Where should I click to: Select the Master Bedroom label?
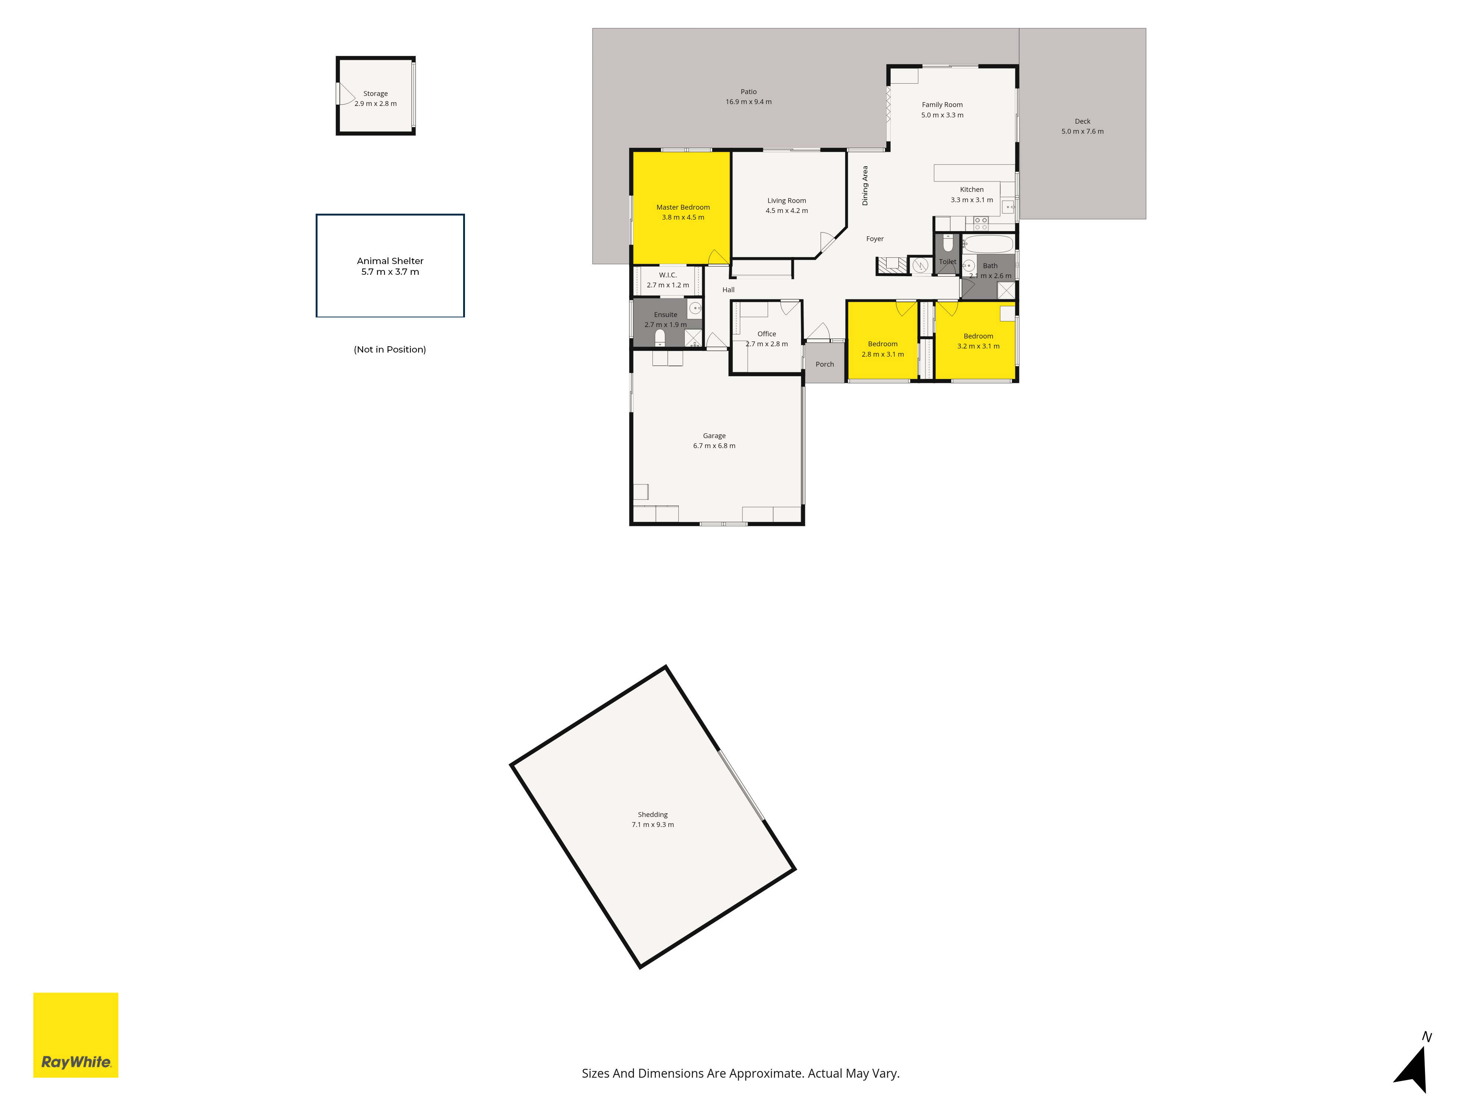coord(683,208)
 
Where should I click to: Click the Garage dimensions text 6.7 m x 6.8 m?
coord(714,446)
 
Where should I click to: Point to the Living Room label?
coord(787,201)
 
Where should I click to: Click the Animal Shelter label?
coord(390,261)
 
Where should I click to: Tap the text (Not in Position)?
coord(390,350)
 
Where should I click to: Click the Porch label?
coord(825,364)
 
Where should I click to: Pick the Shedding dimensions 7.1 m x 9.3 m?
coord(652,825)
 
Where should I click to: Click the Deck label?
coord(1083,121)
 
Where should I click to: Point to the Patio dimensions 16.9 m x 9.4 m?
coord(748,102)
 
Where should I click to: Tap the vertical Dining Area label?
coord(865,186)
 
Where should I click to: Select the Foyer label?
coord(875,239)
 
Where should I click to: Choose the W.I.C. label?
coord(668,275)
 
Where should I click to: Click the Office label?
coord(767,334)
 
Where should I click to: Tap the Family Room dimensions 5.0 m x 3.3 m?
coord(942,115)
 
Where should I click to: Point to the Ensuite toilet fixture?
coord(660,337)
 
